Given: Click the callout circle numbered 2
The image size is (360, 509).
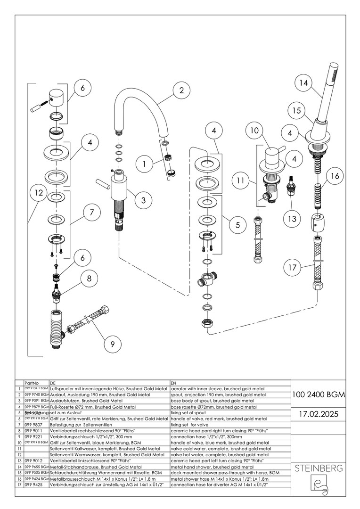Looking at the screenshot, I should coord(181,90).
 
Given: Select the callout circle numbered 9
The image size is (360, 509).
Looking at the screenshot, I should coord(113,344).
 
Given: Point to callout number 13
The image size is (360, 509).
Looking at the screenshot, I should coord(293,218).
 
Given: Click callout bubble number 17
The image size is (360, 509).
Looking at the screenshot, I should coord(292,268).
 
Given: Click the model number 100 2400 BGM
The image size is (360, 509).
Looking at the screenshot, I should coord(318,394).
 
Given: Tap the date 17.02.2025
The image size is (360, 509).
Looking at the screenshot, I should coord(318,414).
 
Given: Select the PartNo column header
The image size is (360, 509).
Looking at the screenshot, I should coord(31,384).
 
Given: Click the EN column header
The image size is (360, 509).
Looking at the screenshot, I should coord(174,384).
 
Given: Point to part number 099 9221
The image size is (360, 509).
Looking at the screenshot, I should coord(33,436).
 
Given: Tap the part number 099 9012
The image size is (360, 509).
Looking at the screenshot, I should coord(33,460).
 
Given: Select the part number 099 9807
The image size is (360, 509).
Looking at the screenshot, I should coord(33,425).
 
